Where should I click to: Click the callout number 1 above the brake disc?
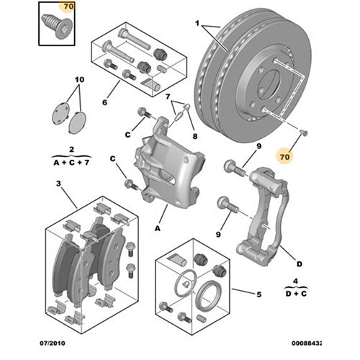pyautogui.click(x=195, y=24)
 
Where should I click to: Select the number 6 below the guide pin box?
pyautogui.click(x=104, y=103)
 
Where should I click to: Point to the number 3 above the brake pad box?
pyautogui.click(x=58, y=186)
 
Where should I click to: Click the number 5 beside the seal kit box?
pyautogui.click(x=257, y=294)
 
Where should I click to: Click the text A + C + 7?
pyautogui.click(x=72, y=163)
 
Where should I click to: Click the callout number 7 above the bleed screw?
pyautogui.click(x=168, y=96)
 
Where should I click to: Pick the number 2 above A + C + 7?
pyautogui.click(x=72, y=150)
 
